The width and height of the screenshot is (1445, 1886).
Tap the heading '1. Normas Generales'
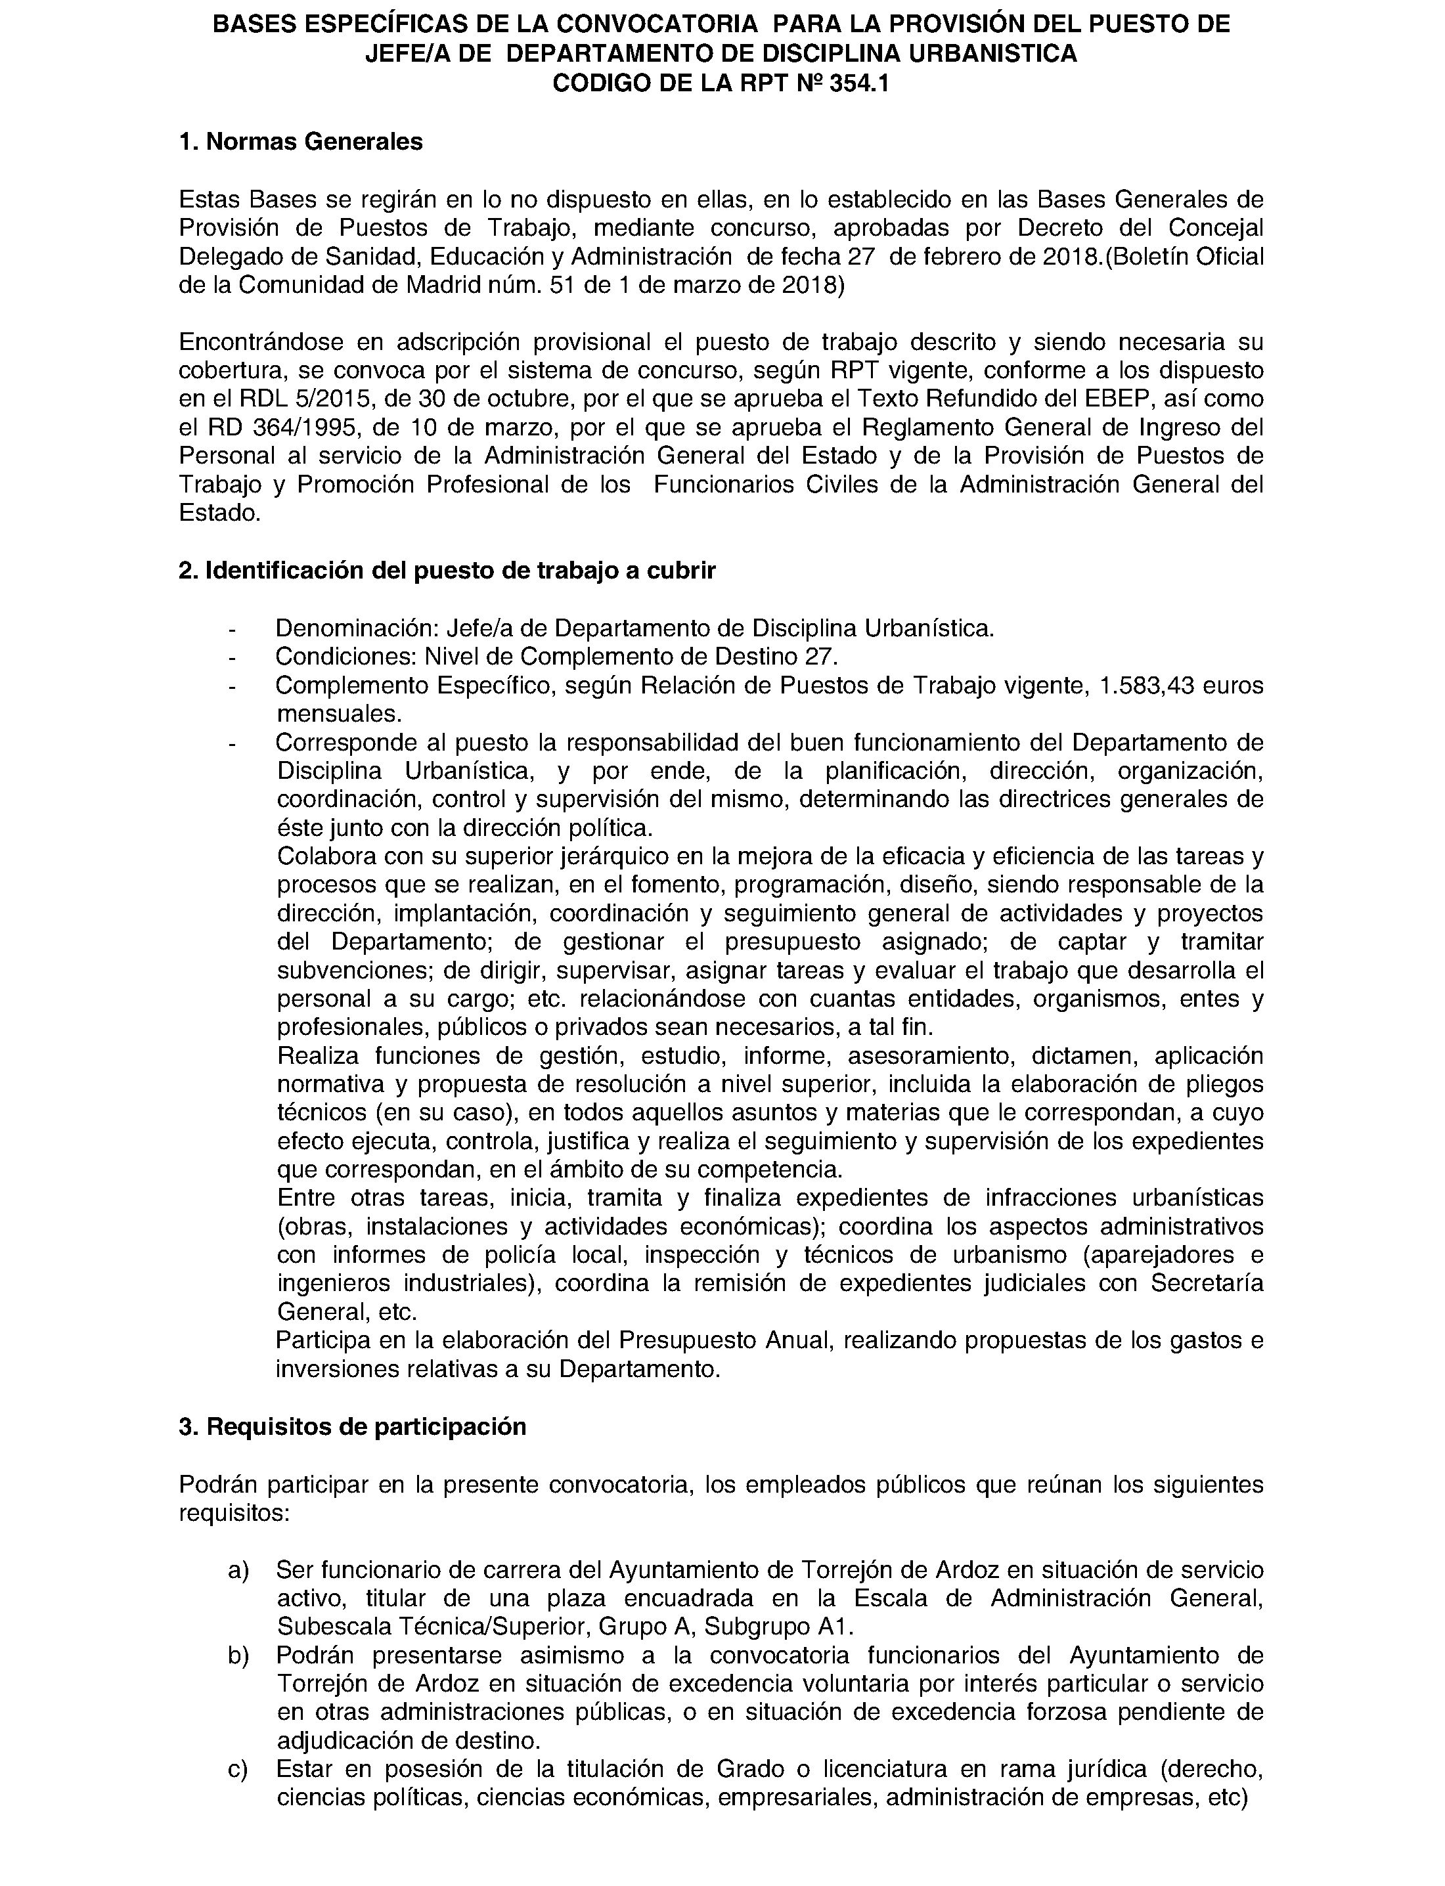click(x=300, y=142)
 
